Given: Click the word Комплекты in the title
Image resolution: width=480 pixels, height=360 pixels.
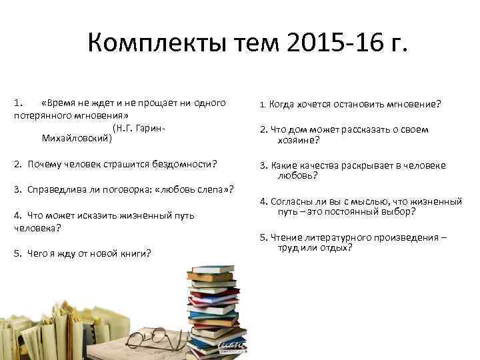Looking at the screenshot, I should point(149,45).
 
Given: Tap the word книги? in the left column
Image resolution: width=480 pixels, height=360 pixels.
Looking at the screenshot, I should point(135,253).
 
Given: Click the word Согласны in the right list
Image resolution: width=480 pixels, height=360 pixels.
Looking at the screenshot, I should point(292,201).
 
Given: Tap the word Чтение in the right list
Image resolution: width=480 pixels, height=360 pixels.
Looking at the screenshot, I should point(287,237).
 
